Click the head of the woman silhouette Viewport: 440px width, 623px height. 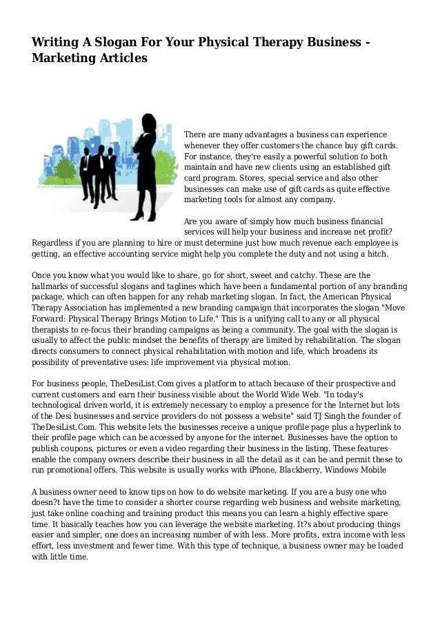click(150, 120)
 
